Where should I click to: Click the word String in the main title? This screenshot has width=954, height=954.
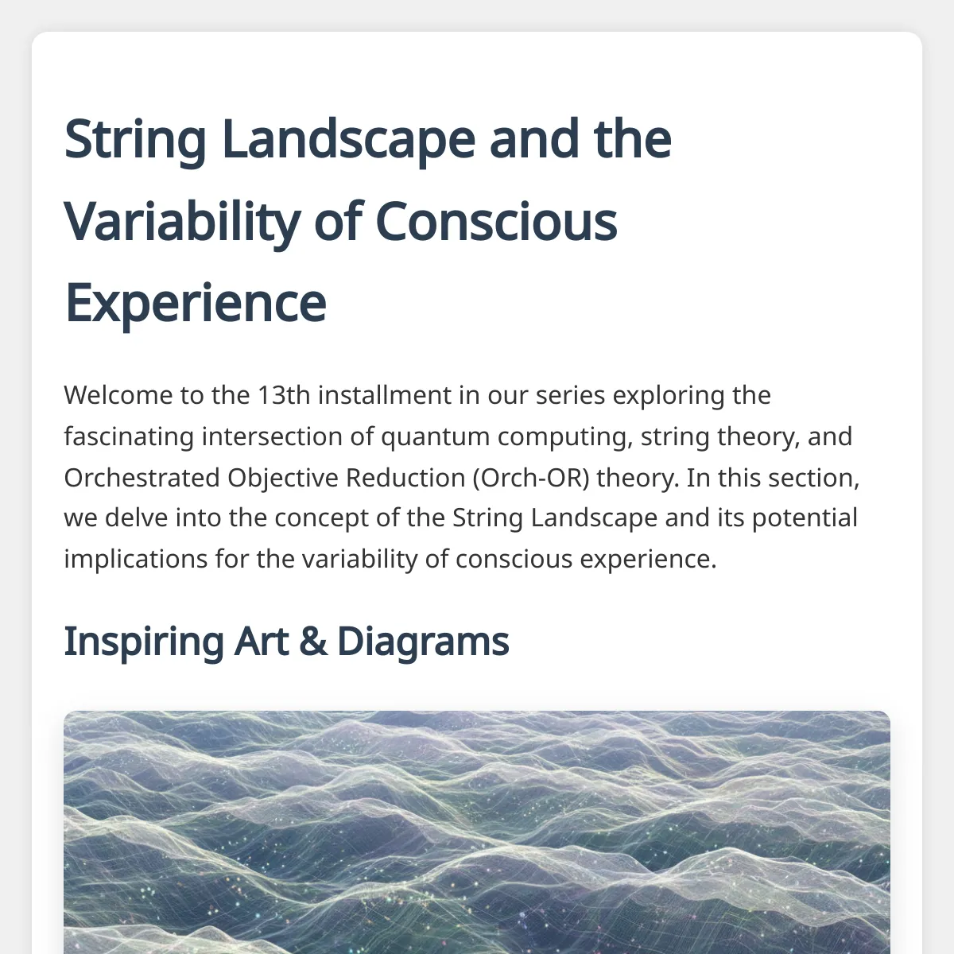pos(134,140)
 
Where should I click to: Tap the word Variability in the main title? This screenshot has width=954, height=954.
pos(182,223)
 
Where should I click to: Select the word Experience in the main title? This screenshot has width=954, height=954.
pos(196,303)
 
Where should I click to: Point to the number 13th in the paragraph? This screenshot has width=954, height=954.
pos(284,395)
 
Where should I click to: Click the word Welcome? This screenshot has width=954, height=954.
pos(118,395)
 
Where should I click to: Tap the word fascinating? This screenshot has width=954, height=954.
pos(129,436)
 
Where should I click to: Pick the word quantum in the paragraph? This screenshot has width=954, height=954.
pos(435,437)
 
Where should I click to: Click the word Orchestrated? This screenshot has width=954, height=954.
pos(142,478)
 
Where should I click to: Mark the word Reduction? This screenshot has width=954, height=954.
pos(405,478)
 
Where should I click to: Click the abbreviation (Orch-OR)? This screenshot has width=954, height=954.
pos(531,479)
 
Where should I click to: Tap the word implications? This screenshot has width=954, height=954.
pos(136,560)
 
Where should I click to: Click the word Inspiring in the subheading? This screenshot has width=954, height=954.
pos(144,642)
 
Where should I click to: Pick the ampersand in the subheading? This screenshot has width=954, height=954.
pos(313,642)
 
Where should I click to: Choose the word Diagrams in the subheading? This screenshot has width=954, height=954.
pos(423,642)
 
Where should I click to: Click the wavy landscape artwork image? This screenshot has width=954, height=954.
pos(477,832)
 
